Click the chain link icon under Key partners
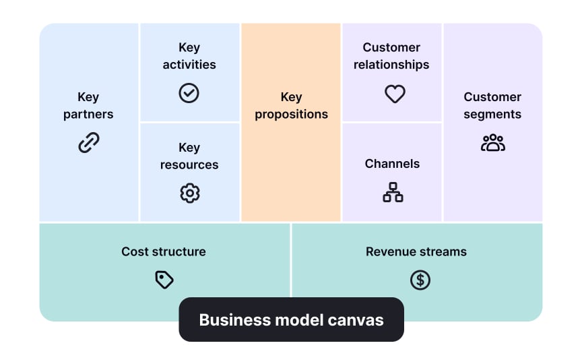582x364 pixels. (x=89, y=142)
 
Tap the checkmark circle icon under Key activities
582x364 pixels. (x=189, y=93)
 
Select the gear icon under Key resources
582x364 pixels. (x=190, y=193)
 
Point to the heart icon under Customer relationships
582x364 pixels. (x=395, y=94)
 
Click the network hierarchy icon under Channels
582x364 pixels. (x=393, y=193)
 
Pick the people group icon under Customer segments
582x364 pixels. (x=492, y=143)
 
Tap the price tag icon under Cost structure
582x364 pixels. (x=164, y=280)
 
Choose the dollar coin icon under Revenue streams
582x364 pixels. (x=420, y=280)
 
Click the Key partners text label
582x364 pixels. (x=88, y=106)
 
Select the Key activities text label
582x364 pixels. (x=189, y=56)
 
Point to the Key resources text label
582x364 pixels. (x=189, y=156)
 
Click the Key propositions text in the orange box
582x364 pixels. (x=291, y=106)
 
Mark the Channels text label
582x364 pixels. (x=392, y=164)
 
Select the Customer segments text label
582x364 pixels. (x=492, y=106)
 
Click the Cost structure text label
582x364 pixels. (x=164, y=251)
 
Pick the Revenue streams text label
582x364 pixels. (x=416, y=251)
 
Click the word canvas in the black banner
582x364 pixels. (x=356, y=320)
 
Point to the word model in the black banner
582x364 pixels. (x=297, y=320)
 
